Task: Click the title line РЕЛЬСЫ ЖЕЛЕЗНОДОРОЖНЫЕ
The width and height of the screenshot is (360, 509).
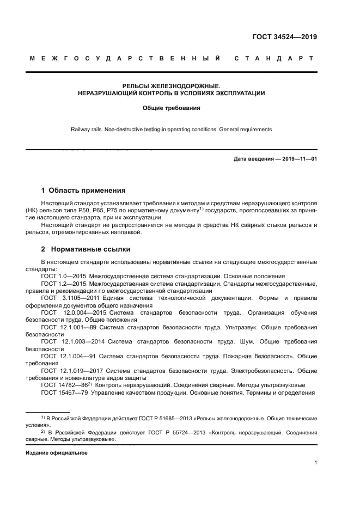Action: click(x=171, y=86)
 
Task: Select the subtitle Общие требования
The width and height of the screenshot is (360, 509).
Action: click(x=171, y=108)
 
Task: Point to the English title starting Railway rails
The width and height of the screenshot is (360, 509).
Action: click(x=171, y=130)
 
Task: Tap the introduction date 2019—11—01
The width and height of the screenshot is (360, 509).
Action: click(x=298, y=158)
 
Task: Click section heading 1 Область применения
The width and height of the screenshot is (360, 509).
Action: click(x=83, y=191)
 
